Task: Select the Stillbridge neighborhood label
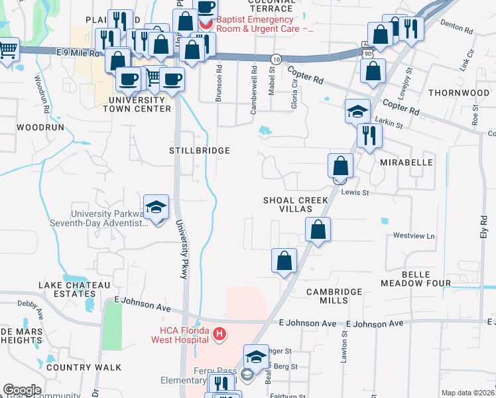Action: [x=199, y=151]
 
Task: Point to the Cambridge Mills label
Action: [x=334, y=296]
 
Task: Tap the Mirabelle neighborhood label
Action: [x=406, y=162]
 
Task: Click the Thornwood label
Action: [x=458, y=93]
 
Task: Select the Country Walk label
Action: [x=84, y=367]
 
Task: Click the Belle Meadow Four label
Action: [x=416, y=279]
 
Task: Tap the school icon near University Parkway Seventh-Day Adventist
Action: [x=156, y=207]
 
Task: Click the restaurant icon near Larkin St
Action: [x=369, y=135]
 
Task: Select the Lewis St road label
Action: [x=355, y=192]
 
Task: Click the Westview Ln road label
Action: [x=414, y=235]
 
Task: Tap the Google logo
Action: [x=22, y=390]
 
